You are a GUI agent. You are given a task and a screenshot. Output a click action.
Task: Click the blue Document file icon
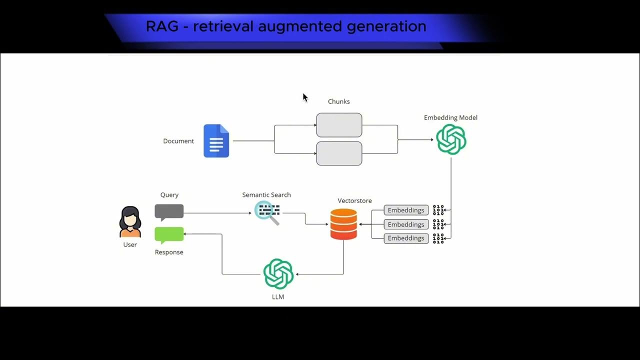[x=216, y=141]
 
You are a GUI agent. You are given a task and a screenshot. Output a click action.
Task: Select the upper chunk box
[x=339, y=125]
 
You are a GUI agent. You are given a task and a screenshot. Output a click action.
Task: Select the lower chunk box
[x=339, y=153]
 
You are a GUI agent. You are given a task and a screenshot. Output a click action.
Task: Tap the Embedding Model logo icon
[x=451, y=139]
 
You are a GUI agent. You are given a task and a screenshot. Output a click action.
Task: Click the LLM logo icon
[x=278, y=274]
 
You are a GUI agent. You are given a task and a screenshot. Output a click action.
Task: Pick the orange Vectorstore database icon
[x=343, y=224]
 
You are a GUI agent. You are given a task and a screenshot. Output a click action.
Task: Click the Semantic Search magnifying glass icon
[x=267, y=212]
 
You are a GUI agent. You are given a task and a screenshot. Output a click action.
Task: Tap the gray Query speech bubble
[x=169, y=212]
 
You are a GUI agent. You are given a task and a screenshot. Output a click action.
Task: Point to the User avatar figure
[x=130, y=222]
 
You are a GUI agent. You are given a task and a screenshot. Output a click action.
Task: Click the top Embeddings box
[x=406, y=210]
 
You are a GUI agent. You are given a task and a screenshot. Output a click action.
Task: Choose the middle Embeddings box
[x=406, y=224]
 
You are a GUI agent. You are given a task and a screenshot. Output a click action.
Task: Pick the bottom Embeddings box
[x=406, y=238]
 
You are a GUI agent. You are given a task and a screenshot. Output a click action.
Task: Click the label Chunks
[x=338, y=101]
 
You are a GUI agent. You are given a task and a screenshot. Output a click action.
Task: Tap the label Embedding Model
[x=450, y=118]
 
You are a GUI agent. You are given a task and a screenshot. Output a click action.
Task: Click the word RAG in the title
[x=162, y=26]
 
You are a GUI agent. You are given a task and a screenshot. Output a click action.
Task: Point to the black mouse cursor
[x=305, y=97]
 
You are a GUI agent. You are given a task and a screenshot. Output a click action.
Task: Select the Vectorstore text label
[x=354, y=201]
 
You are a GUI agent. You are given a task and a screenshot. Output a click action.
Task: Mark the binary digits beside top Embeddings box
[x=438, y=210]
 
